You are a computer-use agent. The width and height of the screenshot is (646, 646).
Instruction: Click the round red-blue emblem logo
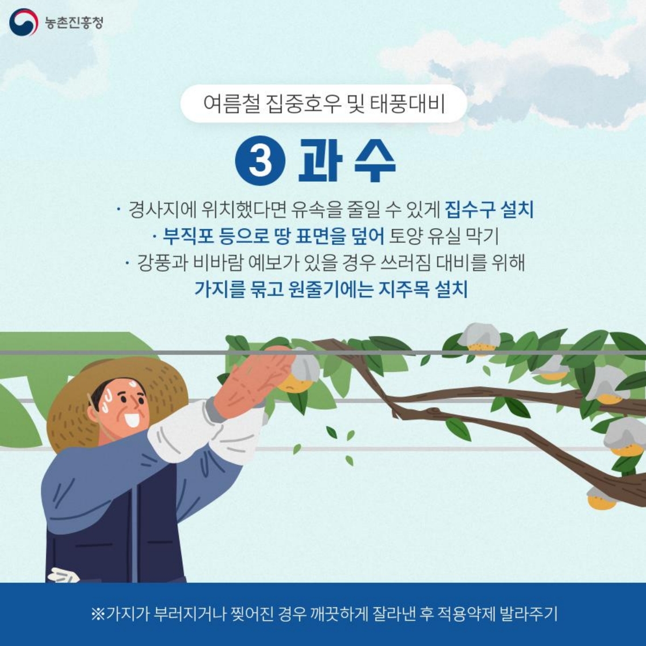pyautogui.click(x=23, y=23)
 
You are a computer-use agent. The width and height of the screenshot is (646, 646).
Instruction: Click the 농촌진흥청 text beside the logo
pyautogui.click(x=74, y=23)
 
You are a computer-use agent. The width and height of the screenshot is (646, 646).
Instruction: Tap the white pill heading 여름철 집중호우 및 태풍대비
pyautogui.click(x=324, y=104)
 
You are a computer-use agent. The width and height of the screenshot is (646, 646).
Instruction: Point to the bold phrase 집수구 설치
pyautogui.click(x=489, y=209)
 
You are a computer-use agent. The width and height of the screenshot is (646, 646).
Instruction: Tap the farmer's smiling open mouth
pyautogui.click(x=132, y=419)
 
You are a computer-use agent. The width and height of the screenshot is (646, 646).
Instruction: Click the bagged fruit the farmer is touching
pyautogui.click(x=301, y=372)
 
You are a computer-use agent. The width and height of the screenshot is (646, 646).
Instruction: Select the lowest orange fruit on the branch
pyautogui.click(x=601, y=499)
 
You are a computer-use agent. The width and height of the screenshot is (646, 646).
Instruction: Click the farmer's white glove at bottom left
pyautogui.click(x=63, y=575)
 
